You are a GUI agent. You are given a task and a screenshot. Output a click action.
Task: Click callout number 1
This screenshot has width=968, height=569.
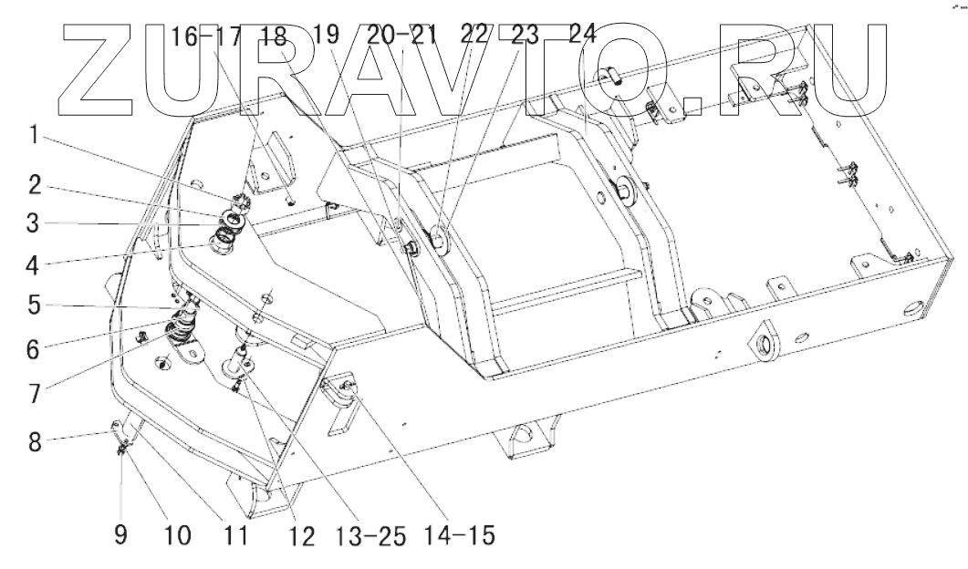(x=31, y=136)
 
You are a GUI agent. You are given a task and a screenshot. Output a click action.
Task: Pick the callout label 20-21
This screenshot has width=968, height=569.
(x=402, y=36)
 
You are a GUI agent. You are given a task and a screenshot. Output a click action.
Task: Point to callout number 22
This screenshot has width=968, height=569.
(x=475, y=36)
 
